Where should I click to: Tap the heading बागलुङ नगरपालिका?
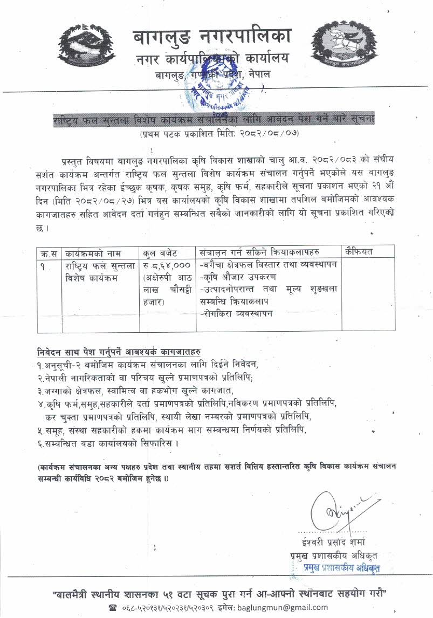click(212, 37)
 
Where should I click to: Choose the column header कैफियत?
click(362, 252)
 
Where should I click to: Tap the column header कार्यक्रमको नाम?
click(93, 252)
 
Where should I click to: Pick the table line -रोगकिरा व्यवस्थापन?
click(236, 313)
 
